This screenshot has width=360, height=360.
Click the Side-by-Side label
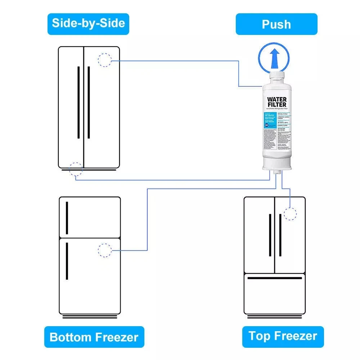click(88, 23)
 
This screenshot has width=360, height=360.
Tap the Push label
click(276, 24)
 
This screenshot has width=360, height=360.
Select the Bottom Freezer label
click(94, 337)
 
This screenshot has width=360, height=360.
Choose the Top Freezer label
click(283, 336)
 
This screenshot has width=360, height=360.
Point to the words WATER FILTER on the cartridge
click(277, 102)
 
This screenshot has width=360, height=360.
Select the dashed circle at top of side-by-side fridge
click(105, 60)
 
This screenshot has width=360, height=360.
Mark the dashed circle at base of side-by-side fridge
click(76, 168)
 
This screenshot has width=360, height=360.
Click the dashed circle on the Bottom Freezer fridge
click(105, 250)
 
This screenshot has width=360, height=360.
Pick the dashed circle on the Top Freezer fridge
click(290, 213)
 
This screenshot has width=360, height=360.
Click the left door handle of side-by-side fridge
click(78, 102)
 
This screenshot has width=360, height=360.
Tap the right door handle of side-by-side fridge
click(89, 102)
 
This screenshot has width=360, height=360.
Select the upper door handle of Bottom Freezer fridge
click(67, 217)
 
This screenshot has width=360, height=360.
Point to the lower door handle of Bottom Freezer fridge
click(67, 261)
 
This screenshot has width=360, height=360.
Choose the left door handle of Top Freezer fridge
click(270, 235)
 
